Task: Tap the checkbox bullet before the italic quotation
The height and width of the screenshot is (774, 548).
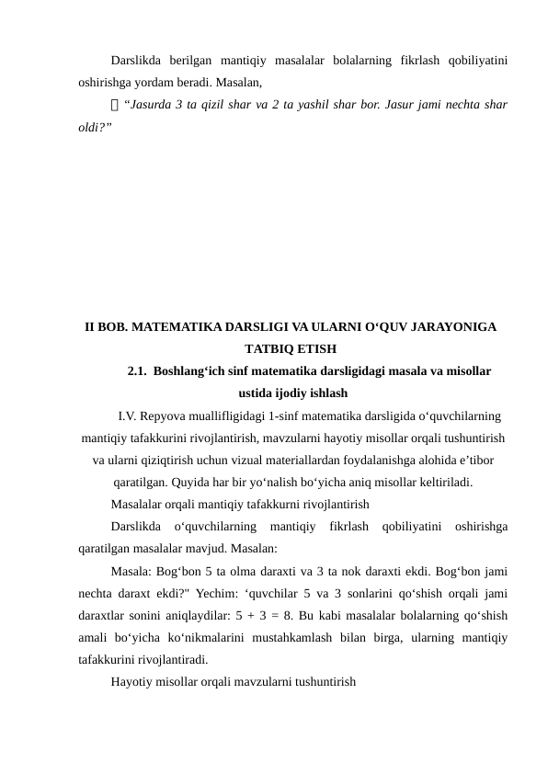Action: coord(115,104)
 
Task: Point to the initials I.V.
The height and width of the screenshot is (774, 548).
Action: coord(129,416)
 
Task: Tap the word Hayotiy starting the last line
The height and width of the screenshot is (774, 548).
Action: coord(132,681)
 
